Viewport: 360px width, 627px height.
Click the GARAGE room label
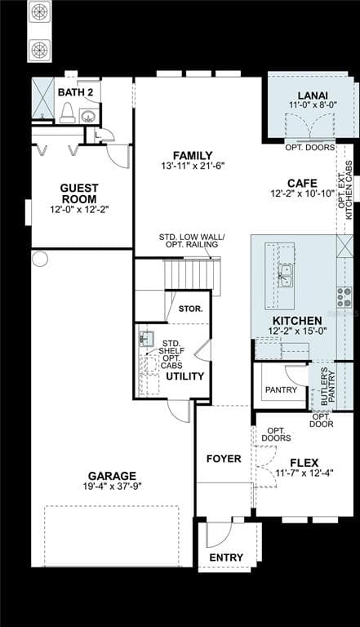click(113, 476)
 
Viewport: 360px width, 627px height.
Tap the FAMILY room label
click(193, 155)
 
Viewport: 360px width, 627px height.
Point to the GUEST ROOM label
click(79, 193)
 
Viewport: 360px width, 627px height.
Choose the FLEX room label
click(304, 462)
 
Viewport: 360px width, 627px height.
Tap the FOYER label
click(223, 459)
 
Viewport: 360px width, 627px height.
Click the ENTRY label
click(226, 558)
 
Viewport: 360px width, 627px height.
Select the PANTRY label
click(282, 390)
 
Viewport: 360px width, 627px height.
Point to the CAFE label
click(301, 183)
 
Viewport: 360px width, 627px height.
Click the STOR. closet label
click(190, 309)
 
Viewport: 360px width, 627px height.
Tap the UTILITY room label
click(184, 376)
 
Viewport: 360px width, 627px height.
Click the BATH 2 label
click(75, 92)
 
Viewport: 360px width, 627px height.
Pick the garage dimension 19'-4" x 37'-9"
click(113, 487)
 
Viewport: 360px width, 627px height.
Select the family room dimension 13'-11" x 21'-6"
click(193, 167)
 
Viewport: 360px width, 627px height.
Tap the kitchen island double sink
click(286, 275)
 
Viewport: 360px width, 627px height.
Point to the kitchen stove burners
click(344, 296)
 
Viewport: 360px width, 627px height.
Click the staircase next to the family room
click(192, 275)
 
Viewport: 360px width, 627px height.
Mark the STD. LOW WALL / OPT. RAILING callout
click(192, 242)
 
